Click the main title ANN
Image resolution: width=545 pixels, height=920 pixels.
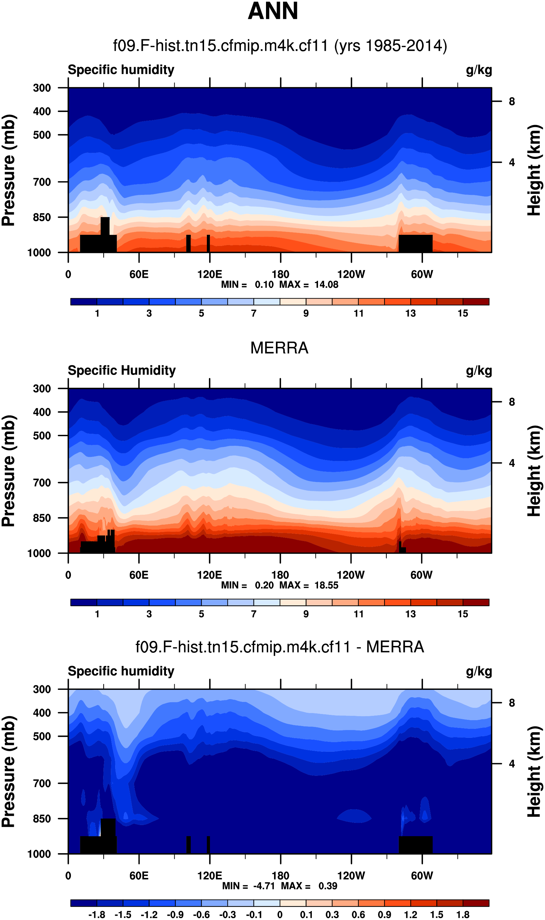click(272, 11)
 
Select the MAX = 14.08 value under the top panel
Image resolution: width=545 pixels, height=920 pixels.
click(308, 285)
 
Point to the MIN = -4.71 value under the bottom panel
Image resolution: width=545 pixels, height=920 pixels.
click(249, 886)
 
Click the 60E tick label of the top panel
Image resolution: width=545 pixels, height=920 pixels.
click(139, 274)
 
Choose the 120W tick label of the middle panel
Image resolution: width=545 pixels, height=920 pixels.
click(351, 575)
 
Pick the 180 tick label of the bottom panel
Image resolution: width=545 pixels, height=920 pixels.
click(280, 876)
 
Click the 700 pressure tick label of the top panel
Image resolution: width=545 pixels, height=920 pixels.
click(42, 182)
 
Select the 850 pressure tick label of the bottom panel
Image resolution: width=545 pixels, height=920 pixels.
click(42, 819)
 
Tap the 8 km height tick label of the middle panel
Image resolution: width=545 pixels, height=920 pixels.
click(512, 402)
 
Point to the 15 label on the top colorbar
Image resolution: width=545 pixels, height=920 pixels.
click(463, 313)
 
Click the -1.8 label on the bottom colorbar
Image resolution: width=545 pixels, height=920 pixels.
click(97, 914)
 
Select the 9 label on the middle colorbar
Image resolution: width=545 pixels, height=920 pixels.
click(306, 614)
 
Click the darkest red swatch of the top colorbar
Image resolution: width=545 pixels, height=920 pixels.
click(476, 302)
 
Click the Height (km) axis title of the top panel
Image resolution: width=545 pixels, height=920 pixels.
click(534, 170)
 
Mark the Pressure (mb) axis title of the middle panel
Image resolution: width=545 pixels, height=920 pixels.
click(9, 471)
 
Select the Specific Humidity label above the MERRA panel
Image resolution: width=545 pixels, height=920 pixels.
click(122, 371)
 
